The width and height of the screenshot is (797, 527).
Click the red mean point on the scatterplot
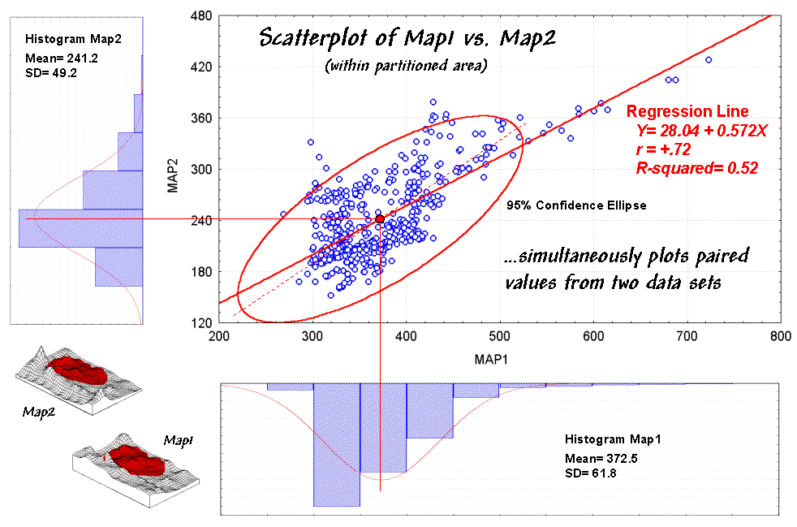380,218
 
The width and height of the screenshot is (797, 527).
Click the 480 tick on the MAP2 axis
200,15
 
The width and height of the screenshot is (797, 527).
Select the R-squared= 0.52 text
696,168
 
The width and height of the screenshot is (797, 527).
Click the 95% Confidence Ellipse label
576,205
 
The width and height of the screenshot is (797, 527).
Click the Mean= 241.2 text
62,59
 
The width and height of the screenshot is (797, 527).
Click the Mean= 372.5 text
601,458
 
